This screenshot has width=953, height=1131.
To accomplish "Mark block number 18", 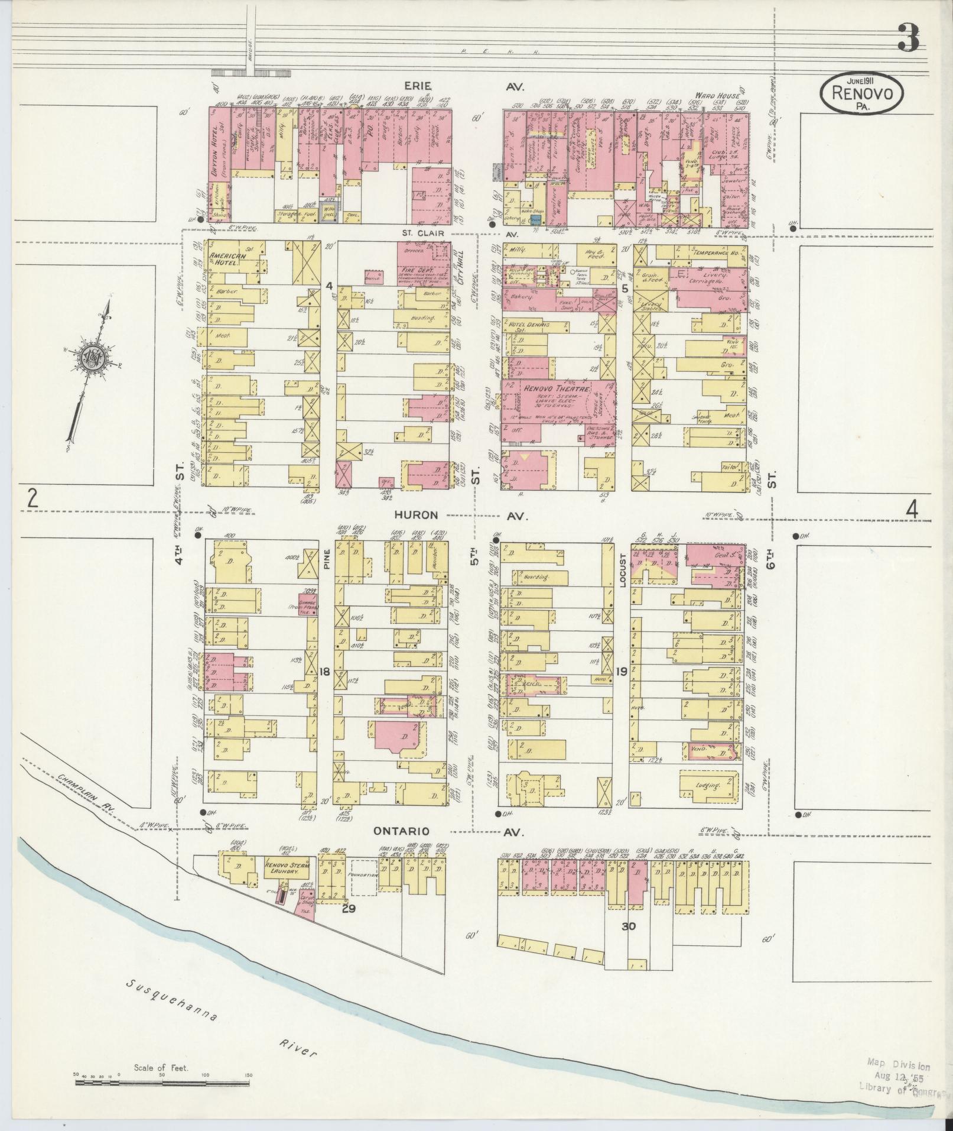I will pos(324,671).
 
